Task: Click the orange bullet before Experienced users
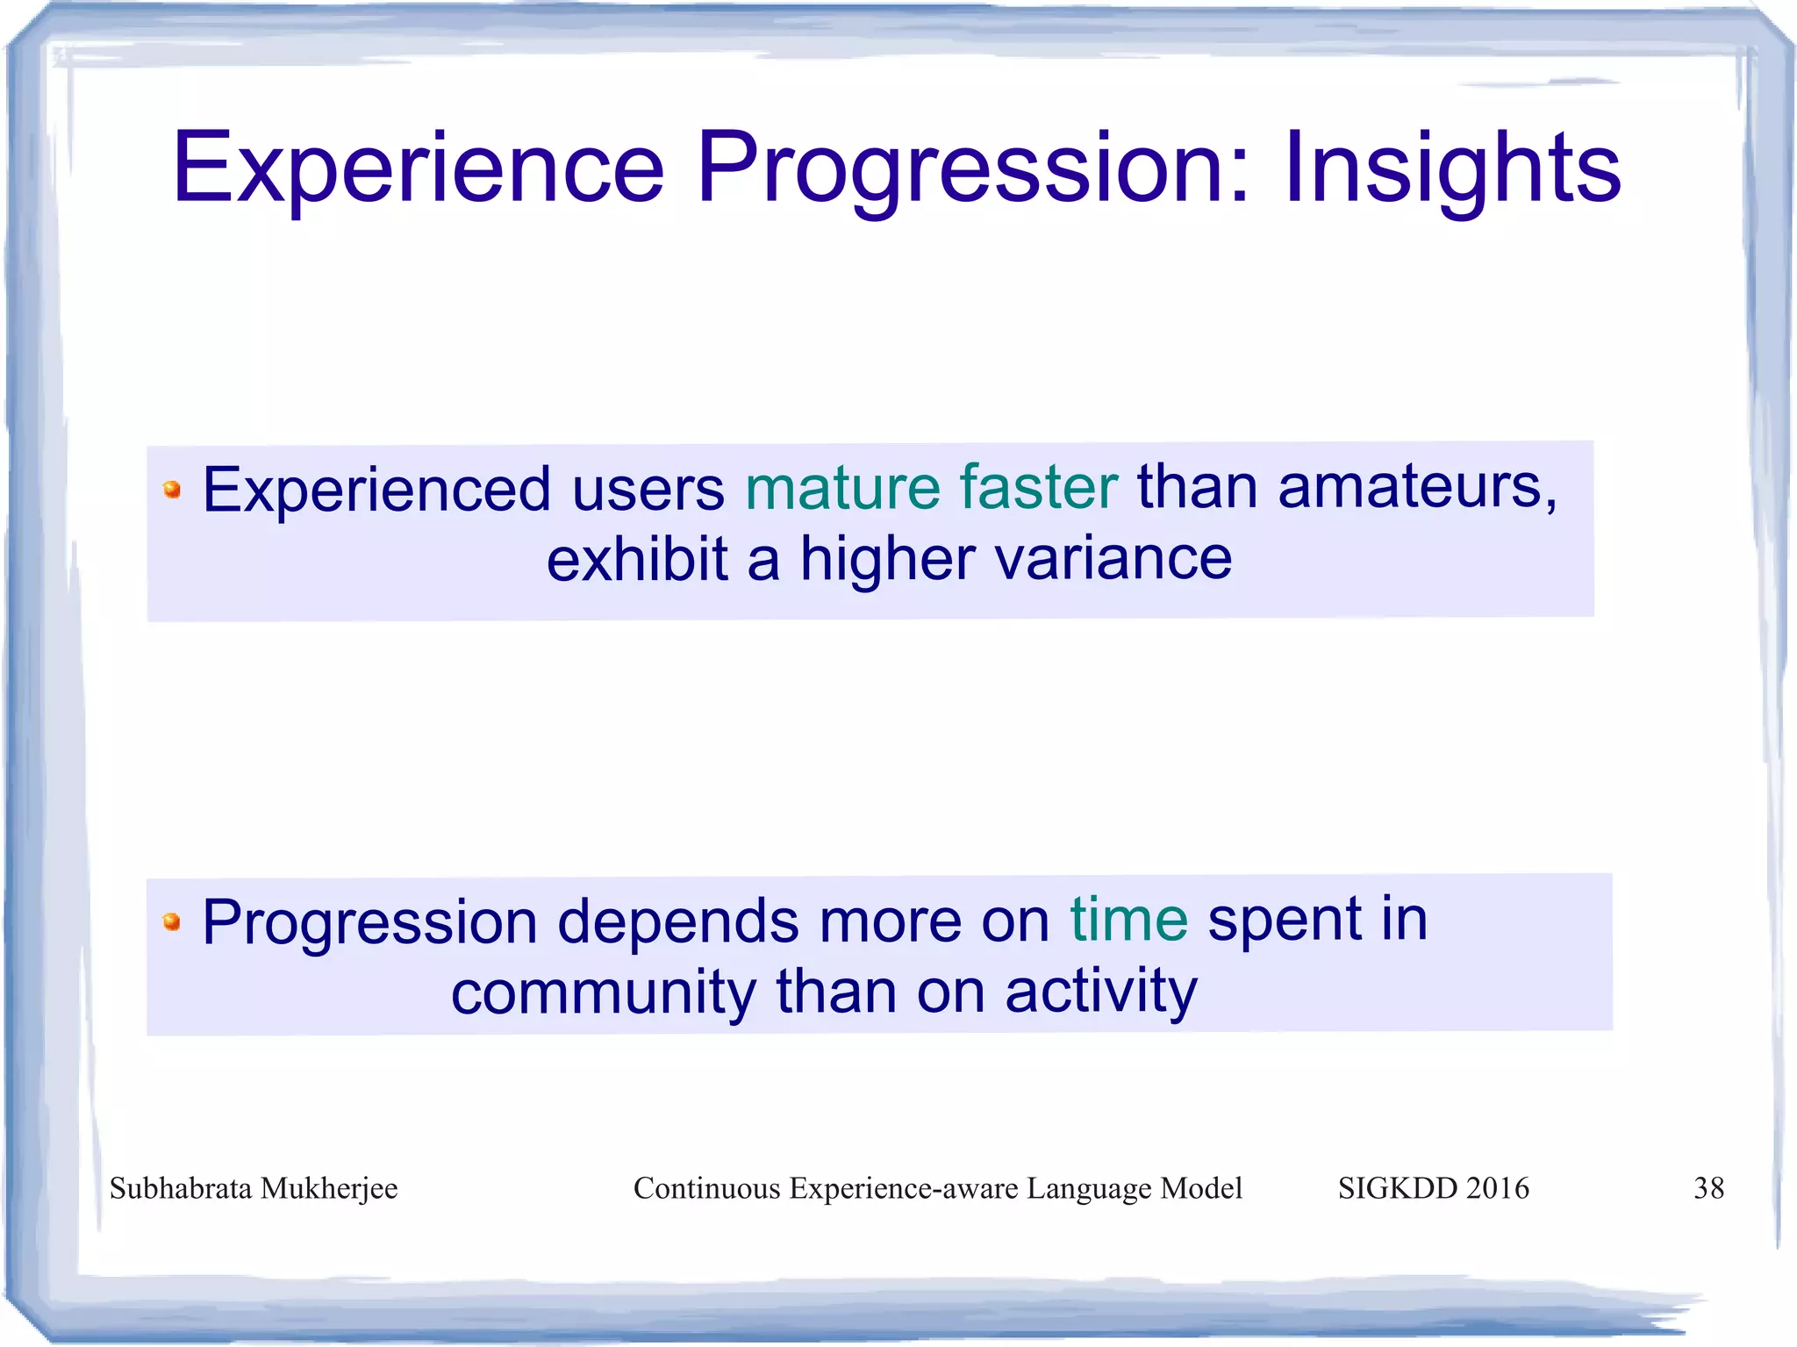pyautogui.click(x=172, y=490)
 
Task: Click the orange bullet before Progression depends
pyautogui.click(x=172, y=921)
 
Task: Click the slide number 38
pyautogui.click(x=1708, y=1188)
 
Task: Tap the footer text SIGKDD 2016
pyautogui.click(x=1433, y=1188)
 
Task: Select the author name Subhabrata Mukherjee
pyautogui.click(x=254, y=1188)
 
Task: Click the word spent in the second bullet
pyautogui.click(x=1284, y=921)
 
